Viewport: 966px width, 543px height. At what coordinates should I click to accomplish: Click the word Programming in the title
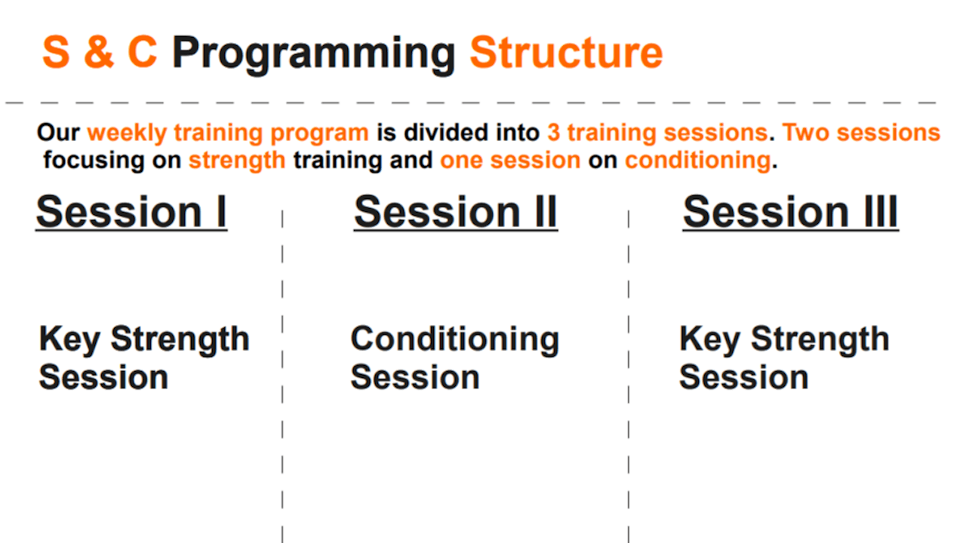(x=313, y=56)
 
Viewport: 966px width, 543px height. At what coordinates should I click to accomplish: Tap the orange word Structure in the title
(x=566, y=53)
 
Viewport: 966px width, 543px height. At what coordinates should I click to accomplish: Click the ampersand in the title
(x=99, y=52)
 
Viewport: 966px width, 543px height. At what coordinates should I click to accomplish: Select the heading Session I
(x=131, y=212)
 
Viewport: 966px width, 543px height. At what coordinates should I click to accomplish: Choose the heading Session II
(x=456, y=212)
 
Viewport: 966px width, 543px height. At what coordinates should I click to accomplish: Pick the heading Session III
(x=790, y=212)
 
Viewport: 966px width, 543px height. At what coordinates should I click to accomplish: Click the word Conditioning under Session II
(x=455, y=340)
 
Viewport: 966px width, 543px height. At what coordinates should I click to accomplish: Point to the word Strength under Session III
(x=820, y=340)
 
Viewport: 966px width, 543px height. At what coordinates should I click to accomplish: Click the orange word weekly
(x=127, y=133)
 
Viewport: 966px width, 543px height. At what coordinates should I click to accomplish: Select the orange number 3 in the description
(x=553, y=132)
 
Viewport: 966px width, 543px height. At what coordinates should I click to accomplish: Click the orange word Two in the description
(x=805, y=132)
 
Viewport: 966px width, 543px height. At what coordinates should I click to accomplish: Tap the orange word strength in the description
(x=237, y=161)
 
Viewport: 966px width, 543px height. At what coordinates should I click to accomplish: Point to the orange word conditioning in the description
(x=698, y=161)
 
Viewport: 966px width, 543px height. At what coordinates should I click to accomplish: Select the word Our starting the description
(x=59, y=132)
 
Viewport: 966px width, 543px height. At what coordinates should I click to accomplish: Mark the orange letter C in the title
(x=142, y=52)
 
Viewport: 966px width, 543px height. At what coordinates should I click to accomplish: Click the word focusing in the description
(x=94, y=161)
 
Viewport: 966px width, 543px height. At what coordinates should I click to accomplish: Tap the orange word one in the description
(x=461, y=161)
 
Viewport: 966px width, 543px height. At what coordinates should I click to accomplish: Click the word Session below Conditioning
(x=415, y=378)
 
